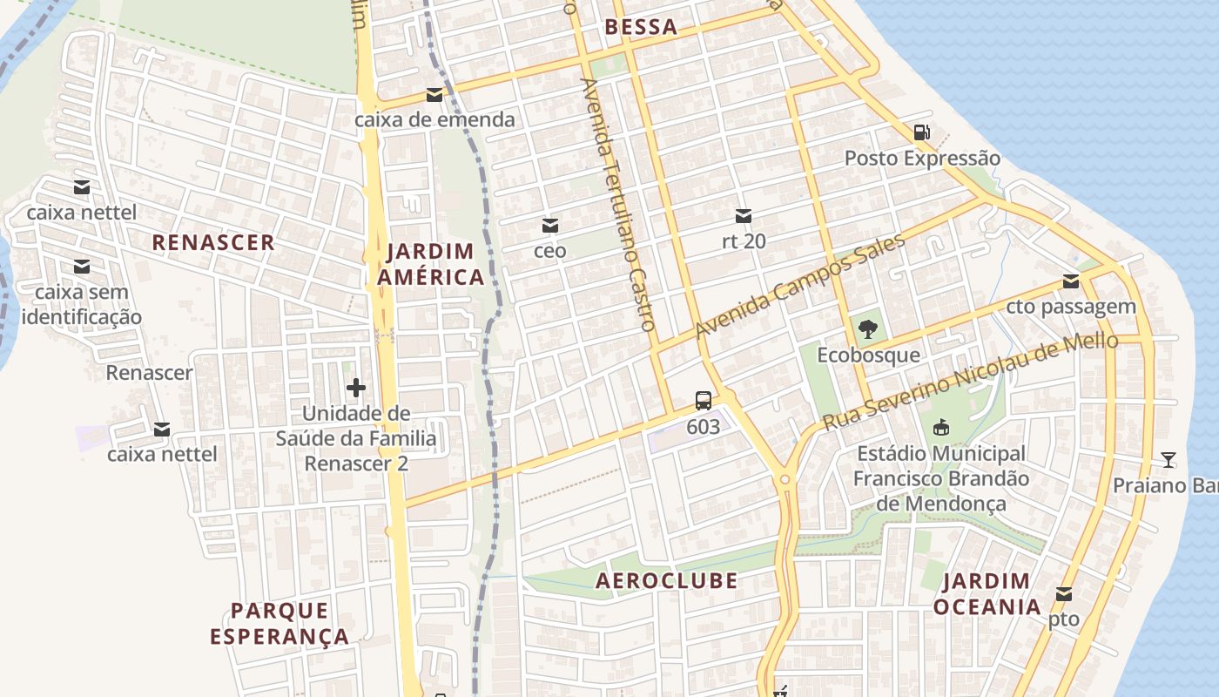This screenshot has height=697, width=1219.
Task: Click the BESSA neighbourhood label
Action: [641, 27]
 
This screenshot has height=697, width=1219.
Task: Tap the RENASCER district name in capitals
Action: [213, 242]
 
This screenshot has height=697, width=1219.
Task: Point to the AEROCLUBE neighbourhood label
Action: [666, 581]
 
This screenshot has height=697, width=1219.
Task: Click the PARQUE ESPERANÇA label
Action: [279, 623]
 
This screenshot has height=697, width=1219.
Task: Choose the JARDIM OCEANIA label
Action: [987, 594]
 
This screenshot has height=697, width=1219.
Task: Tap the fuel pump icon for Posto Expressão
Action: [921, 132]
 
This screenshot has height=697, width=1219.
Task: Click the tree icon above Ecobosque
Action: [867, 329]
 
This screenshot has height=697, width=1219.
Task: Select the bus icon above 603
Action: [704, 401]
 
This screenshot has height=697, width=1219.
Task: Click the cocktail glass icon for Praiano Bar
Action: [1168, 459]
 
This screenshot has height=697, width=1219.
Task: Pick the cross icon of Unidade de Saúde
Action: [355, 388]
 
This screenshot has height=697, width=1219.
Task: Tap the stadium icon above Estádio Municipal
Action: [940, 428]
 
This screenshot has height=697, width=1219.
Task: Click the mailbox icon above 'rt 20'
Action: [744, 216]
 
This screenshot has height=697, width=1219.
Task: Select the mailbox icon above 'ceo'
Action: [549, 226]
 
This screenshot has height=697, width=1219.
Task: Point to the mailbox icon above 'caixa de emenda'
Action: [434, 95]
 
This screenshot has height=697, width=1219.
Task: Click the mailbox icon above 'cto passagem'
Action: [1071, 281]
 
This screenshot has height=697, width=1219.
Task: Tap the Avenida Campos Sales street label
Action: [800, 287]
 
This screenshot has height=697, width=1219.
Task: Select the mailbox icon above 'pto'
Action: [1063, 594]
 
